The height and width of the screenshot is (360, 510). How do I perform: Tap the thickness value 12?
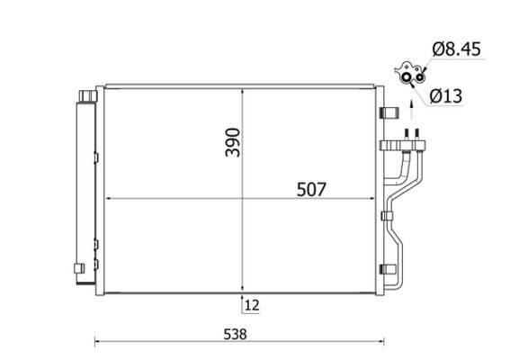(252, 305)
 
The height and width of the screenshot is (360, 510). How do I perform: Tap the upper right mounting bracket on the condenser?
(389, 112)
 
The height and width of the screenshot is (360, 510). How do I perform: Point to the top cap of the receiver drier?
(86, 94)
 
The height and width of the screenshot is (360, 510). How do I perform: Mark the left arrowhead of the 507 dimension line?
(109, 199)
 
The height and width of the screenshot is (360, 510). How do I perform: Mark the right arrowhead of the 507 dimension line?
(373, 199)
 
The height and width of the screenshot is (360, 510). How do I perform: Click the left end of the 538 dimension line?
(95, 340)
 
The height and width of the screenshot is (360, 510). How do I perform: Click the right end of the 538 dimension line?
(384, 340)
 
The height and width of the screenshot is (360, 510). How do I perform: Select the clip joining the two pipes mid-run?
(387, 214)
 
